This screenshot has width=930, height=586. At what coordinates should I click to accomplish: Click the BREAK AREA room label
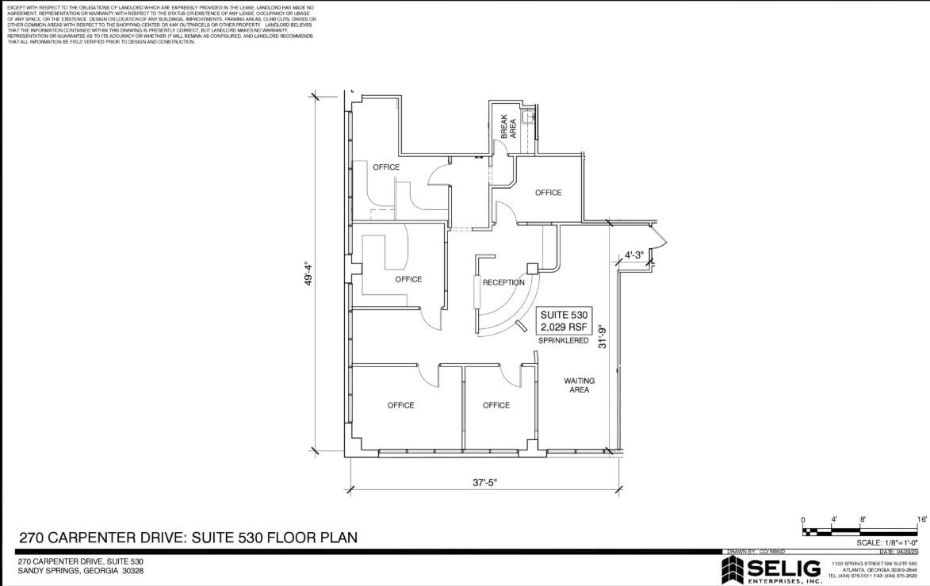tap(508, 127)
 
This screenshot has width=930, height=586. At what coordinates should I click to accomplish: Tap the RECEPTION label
tap(503, 282)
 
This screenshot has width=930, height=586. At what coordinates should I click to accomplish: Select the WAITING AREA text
tap(579, 385)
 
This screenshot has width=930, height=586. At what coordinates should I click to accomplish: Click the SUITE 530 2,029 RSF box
tap(565, 320)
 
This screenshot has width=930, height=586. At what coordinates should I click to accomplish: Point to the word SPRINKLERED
tap(564, 341)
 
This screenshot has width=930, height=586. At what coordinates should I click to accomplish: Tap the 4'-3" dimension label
tap(634, 255)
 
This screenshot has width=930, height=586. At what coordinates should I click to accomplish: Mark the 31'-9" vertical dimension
tap(603, 337)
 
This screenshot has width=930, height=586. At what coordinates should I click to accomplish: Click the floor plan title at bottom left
tap(188, 538)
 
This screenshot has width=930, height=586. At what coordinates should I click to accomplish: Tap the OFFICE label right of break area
tap(548, 193)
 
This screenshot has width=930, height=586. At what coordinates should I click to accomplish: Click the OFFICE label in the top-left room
tap(386, 167)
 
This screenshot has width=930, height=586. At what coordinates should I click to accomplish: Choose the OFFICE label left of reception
tap(408, 279)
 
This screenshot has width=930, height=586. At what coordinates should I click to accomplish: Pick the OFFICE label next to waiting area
tap(496, 405)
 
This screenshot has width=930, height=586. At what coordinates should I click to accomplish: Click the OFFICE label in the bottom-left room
tap(400, 405)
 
